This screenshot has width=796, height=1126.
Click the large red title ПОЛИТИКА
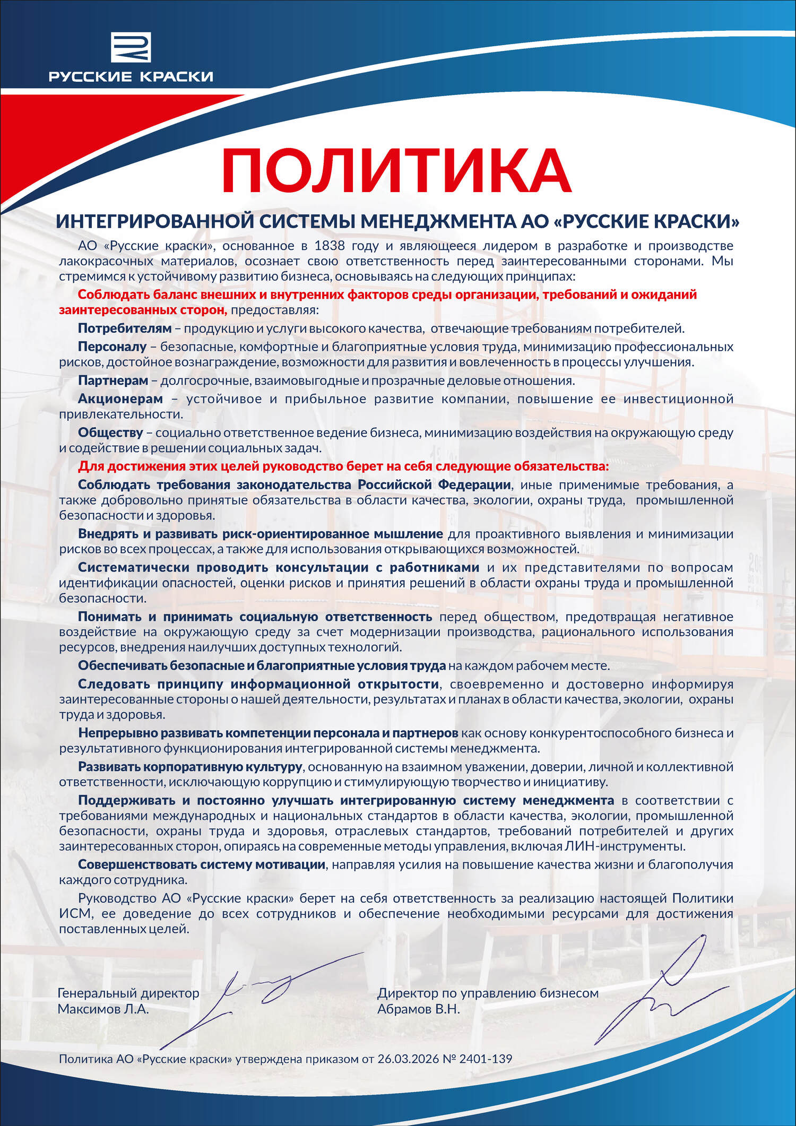[396, 169]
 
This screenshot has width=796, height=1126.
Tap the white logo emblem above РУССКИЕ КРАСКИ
[131, 47]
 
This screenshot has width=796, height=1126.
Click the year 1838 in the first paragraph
[330, 246]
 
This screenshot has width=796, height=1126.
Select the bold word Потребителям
[125, 328]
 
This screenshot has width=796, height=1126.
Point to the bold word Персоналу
[112, 347]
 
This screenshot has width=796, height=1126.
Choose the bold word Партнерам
[113, 380]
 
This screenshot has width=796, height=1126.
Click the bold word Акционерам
[120, 399]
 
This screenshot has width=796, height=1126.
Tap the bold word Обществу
[110, 433]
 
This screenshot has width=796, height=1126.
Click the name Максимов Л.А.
[103, 1009]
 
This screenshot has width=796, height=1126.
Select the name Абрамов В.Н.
[418, 1009]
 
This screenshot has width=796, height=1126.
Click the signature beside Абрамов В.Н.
[663, 992]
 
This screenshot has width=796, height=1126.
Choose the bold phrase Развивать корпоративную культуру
[190, 767]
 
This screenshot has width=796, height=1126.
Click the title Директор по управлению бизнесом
[488, 993]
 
